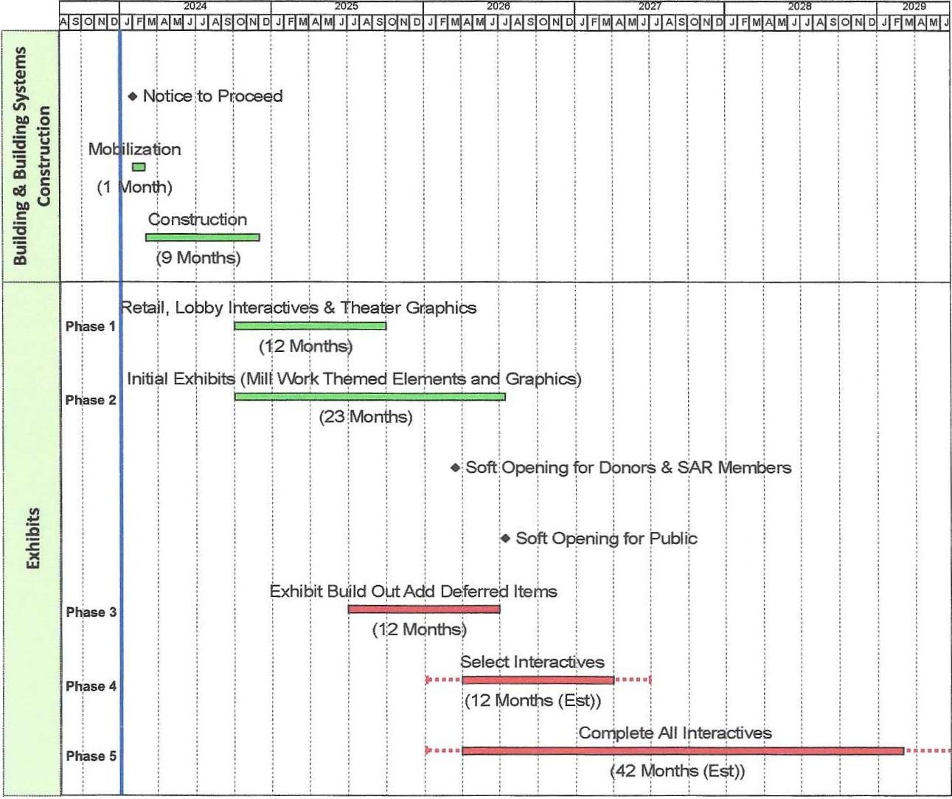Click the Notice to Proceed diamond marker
(133, 97)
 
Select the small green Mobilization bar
(139, 167)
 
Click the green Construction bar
(202, 238)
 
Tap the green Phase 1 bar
(310, 326)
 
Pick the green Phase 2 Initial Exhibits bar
(370, 397)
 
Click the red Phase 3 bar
(423, 609)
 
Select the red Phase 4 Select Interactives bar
(538, 680)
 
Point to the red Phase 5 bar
(682, 751)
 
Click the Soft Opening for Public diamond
(505, 539)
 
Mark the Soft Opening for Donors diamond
(455, 468)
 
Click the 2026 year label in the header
(498, 7)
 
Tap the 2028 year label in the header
(800, 7)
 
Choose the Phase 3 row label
(91, 612)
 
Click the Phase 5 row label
(91, 756)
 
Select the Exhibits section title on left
(33, 538)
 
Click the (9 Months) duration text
(198, 258)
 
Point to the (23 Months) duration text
(366, 417)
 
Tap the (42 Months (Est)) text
(677, 771)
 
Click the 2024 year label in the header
(195, 7)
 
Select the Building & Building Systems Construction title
(32, 156)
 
